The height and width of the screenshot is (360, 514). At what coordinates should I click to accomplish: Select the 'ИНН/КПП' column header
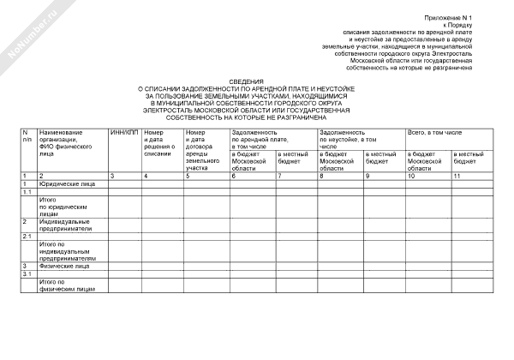(x=124, y=133)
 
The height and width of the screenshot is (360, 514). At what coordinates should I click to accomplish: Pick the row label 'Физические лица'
(x=64, y=267)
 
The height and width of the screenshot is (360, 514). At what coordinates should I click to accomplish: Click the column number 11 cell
(x=457, y=175)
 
